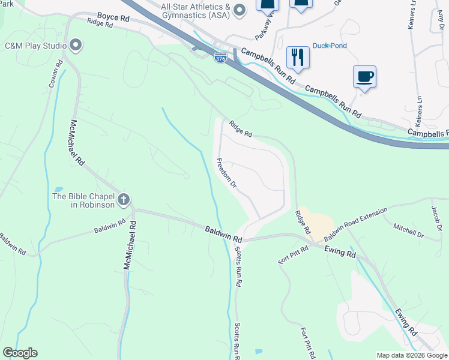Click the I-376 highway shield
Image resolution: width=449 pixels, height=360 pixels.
coord(220,59)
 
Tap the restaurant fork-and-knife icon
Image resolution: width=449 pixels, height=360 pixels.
coord(297,58)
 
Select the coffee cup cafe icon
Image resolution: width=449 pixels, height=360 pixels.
coord(364,77)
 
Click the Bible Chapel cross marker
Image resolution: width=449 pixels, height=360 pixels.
coord(124,199)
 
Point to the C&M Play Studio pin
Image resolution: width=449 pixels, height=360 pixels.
coord(76,45)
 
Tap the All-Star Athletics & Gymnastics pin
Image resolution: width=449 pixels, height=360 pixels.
coord(240,10)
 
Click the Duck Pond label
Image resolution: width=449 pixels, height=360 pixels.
coord(330,46)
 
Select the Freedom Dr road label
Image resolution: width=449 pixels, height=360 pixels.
coord(226,174)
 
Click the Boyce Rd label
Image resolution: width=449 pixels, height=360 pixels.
coord(113,19)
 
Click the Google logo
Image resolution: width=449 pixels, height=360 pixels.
coord(20,353)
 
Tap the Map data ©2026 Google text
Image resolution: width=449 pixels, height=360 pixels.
coord(412,355)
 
